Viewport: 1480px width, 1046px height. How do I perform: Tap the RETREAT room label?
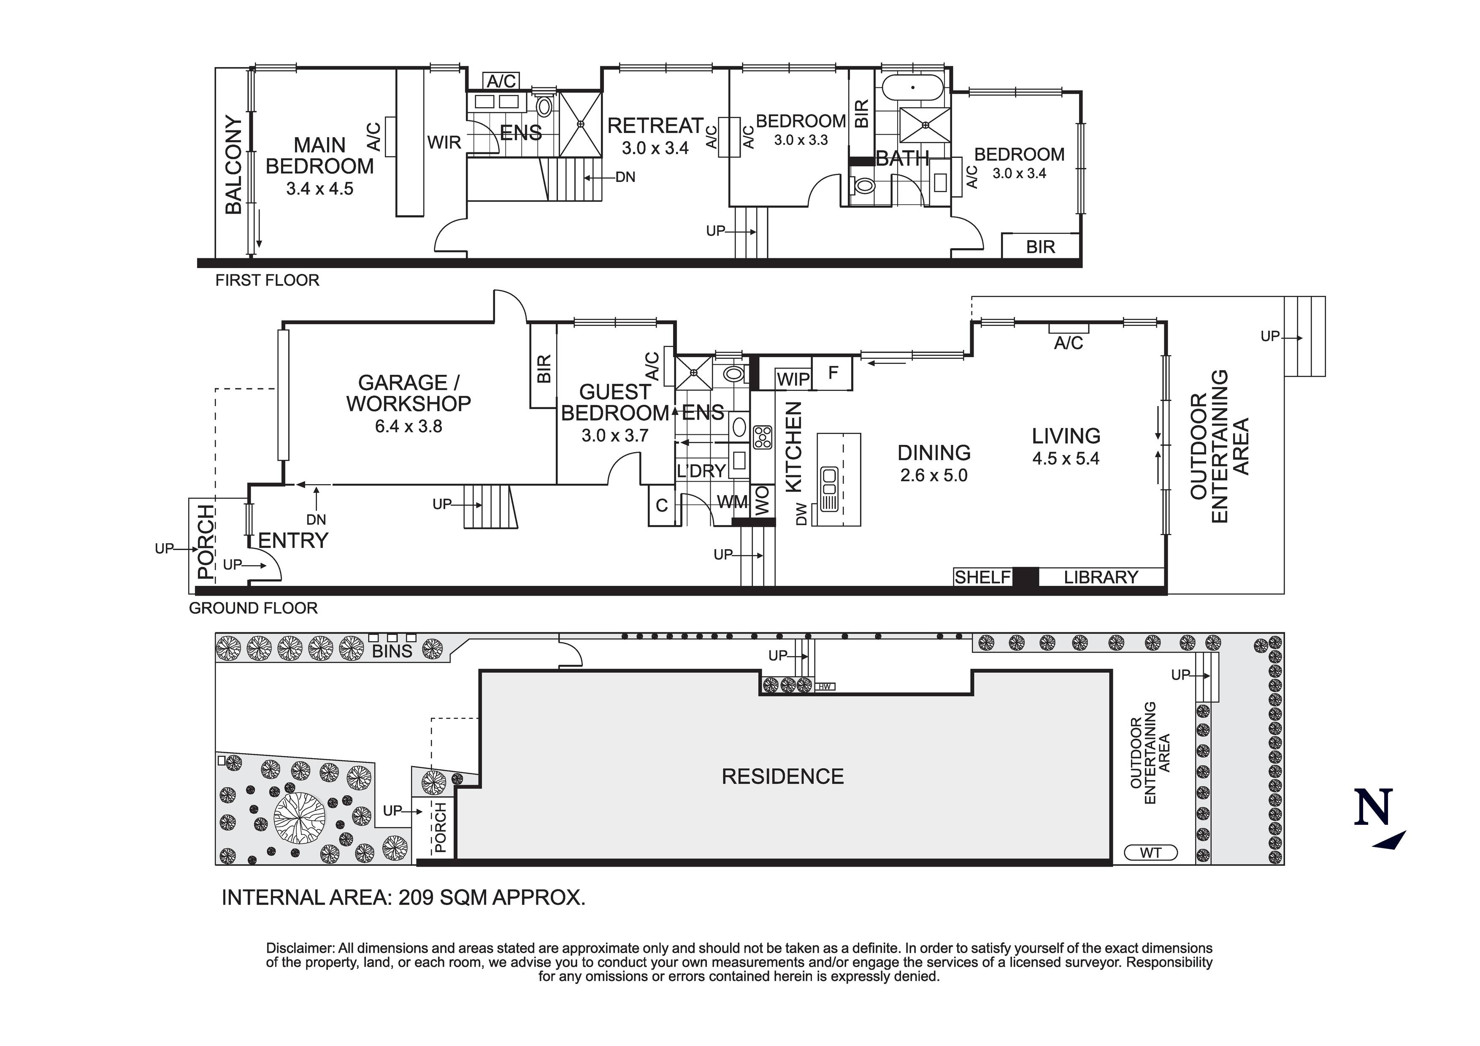tap(655, 125)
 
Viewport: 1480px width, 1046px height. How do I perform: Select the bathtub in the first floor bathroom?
tap(912, 87)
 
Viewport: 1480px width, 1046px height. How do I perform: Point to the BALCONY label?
tap(233, 165)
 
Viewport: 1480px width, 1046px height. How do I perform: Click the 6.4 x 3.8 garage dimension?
tap(408, 426)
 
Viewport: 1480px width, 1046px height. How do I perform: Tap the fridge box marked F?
tap(833, 373)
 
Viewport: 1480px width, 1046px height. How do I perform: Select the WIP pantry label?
tap(793, 379)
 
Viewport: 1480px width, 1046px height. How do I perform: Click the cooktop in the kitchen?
tap(763, 437)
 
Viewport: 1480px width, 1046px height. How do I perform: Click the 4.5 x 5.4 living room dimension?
tap(1066, 458)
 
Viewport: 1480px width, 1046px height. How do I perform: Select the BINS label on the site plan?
tap(392, 651)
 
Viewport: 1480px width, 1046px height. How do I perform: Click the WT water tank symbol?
tap(1150, 853)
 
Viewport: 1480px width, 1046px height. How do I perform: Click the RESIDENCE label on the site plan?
tap(782, 776)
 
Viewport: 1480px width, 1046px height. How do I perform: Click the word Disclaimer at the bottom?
tap(300, 948)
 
